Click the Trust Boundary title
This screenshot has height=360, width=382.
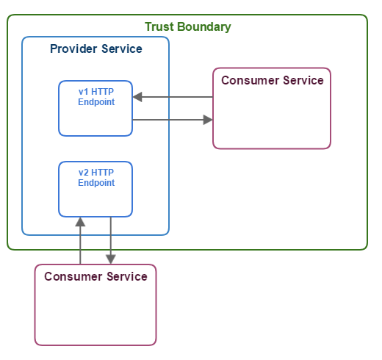[188, 26]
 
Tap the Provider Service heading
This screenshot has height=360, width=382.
[96, 48]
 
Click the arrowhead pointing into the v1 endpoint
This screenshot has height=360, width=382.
[137, 97]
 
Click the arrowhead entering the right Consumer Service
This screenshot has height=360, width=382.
[208, 120]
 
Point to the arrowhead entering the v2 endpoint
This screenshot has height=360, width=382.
[80, 222]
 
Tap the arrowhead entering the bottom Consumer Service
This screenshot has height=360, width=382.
[111, 259]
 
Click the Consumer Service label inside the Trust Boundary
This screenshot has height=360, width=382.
[273, 80]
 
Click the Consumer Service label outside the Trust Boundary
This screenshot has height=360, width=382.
[95, 276]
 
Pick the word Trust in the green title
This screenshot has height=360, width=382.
[159, 26]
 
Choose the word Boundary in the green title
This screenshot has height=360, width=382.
[204, 27]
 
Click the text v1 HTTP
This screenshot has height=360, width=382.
[96, 92]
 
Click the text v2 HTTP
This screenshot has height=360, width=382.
[96, 173]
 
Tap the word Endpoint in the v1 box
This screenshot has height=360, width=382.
[96, 102]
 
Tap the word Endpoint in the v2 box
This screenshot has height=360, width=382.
[96, 183]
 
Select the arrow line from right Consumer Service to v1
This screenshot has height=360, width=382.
[173, 97]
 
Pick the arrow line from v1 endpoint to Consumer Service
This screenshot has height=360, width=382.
[173, 120]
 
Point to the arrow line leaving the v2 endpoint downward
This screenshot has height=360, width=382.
[111, 240]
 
